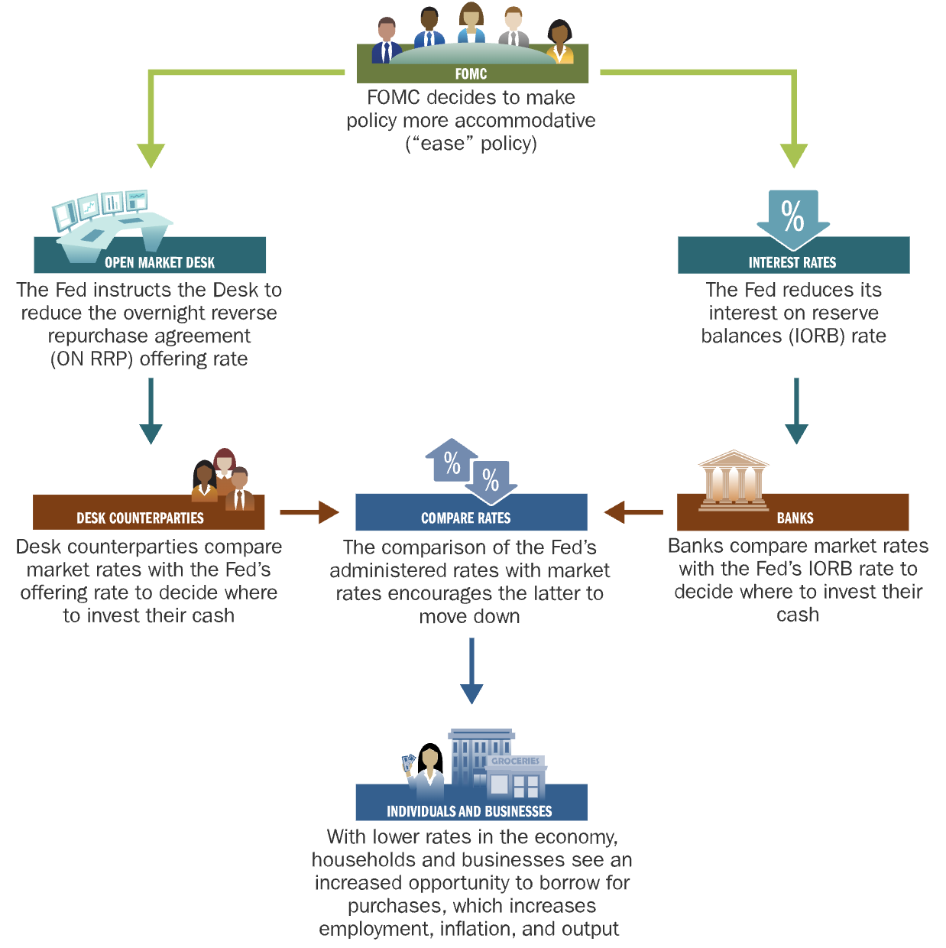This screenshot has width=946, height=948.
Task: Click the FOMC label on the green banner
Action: (471, 74)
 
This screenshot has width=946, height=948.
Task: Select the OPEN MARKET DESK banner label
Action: (160, 262)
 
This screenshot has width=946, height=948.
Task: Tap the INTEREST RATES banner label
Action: (792, 262)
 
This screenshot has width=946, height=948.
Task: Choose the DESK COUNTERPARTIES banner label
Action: (140, 518)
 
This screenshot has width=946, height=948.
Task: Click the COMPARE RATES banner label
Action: (466, 518)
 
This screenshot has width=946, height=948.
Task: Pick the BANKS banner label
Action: (795, 518)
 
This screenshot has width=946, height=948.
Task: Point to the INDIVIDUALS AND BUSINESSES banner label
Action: (469, 811)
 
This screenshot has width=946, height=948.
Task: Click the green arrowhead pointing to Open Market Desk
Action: (151, 154)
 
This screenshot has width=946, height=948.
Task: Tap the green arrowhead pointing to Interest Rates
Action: (795, 154)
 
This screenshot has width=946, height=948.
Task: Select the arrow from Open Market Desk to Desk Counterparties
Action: (151, 413)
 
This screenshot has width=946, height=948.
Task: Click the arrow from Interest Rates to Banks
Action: (796, 413)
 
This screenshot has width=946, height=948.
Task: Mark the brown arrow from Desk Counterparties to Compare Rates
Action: (309, 512)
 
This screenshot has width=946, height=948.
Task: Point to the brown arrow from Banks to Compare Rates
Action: (633, 512)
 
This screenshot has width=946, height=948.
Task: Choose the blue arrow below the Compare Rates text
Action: (471, 673)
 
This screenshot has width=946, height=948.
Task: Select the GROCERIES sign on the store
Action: (516, 761)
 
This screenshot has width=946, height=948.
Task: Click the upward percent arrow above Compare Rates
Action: (452, 461)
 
